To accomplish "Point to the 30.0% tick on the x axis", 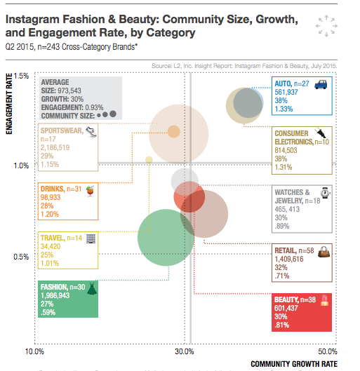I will coord(184,351).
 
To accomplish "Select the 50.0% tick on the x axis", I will coord(329,351).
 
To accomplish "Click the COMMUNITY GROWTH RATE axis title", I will coord(295,364).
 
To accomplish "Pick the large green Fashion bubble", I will coord(165,238).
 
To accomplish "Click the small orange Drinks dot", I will coord(174,131).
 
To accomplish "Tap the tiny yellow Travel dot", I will coord(149,160).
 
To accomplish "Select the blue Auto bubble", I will coord(248,102).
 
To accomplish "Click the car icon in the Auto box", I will coord(320,85).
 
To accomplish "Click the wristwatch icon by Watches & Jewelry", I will coord(324,192).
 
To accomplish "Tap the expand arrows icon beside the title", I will coord(324,25).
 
